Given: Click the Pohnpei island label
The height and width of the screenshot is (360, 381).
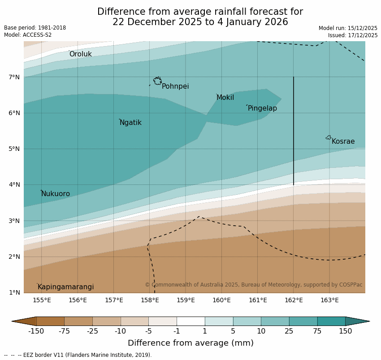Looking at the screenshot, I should click(175, 86).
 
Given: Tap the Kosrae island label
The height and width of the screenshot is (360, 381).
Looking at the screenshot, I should click(343, 141).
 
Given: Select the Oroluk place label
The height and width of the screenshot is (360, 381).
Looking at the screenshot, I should click(80, 54).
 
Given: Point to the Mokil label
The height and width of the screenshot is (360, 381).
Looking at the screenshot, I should click(225, 98).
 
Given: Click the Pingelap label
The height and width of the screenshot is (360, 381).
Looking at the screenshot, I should click(262, 108).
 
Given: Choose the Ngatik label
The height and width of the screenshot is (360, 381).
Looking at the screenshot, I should click(130, 123).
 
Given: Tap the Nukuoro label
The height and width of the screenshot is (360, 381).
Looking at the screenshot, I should click(56, 194).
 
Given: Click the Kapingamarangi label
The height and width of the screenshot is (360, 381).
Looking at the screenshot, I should click(66, 287).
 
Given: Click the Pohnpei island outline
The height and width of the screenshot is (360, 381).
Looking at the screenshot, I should click(157, 81).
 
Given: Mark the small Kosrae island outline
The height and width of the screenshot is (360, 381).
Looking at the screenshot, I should click(329, 137).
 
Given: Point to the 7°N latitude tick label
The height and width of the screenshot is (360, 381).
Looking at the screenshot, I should click(14, 77).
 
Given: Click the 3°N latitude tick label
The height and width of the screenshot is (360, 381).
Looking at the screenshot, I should click(14, 221).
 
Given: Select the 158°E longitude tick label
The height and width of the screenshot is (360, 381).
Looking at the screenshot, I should click(150, 300).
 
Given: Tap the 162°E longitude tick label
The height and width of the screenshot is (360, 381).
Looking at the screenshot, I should click(294, 300).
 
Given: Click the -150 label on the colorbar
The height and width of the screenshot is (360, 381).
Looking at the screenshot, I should click(36, 331).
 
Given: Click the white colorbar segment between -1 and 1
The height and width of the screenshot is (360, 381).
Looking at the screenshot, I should click(190, 321).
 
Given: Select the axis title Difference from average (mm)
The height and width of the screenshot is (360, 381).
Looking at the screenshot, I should click(190, 343).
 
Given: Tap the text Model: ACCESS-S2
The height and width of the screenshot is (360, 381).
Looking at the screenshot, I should click(28, 35).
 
